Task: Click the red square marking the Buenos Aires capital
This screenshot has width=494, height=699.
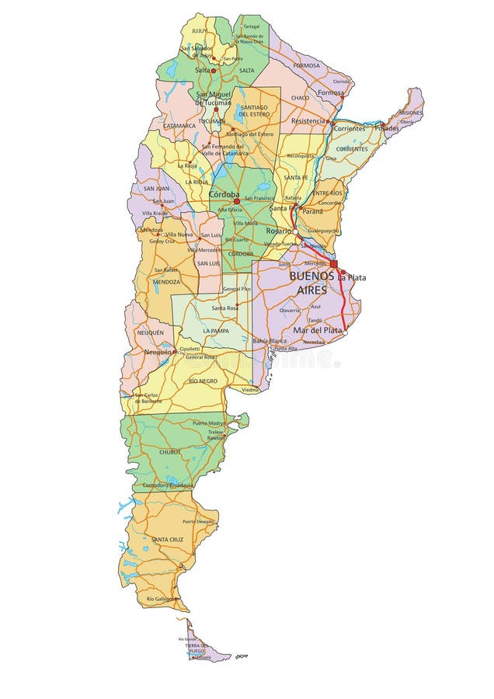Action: point(333,264)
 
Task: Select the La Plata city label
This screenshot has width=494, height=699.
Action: point(351,277)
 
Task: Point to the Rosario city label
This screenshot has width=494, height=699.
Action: point(280,231)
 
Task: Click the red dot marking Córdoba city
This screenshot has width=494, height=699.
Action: point(237,201)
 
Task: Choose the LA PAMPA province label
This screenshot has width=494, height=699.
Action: point(217,331)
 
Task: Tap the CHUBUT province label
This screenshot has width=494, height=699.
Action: point(170,451)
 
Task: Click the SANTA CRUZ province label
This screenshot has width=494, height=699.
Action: point(167,539)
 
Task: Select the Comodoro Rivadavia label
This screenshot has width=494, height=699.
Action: point(168,485)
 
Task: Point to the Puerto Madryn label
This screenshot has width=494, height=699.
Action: point(210,423)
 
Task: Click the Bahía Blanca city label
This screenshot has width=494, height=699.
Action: point(270,340)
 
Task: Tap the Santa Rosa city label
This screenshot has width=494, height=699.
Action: point(224,308)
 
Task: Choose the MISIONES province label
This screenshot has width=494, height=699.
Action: point(411,113)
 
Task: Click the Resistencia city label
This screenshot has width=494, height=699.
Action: point(308,121)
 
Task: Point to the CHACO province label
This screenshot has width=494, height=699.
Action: point(300,98)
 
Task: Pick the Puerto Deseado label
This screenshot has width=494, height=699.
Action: point(198,521)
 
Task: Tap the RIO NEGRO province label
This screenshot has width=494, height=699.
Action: point(203,381)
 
